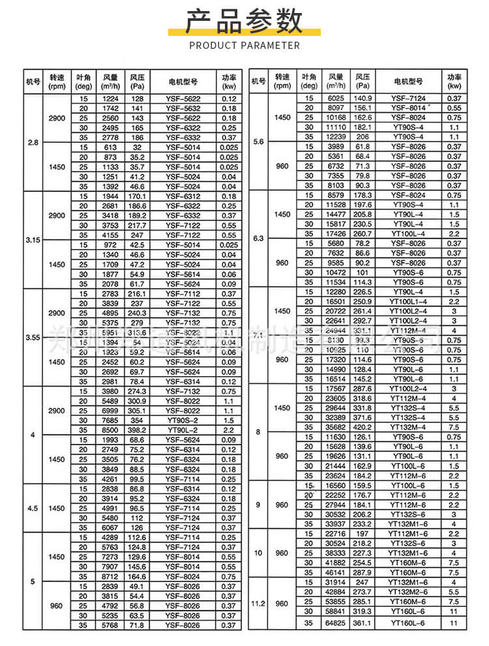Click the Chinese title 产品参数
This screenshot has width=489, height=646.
[x=244, y=22]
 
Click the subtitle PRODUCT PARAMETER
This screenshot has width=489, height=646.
[x=244, y=46]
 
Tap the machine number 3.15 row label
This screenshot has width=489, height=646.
[x=33, y=240]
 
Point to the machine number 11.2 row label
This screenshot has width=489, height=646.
[x=258, y=604]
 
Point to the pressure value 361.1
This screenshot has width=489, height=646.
[x=363, y=623]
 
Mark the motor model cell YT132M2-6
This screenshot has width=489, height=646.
[x=407, y=592]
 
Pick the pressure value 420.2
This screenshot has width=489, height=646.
[x=363, y=427]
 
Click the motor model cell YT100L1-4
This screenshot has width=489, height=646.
[x=407, y=301]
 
